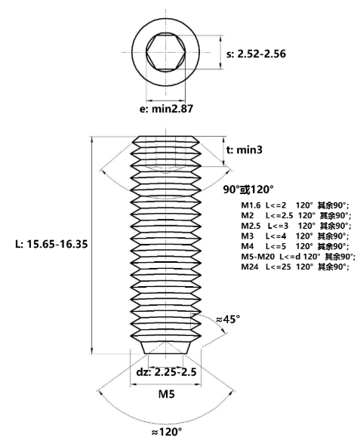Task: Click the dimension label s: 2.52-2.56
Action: (256, 54)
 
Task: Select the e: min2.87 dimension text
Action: (166, 109)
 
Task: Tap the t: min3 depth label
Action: (245, 150)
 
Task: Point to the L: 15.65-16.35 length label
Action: (51, 244)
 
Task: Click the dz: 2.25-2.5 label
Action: (166, 371)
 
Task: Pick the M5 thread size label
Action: (166, 394)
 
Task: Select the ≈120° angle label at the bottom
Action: (166, 432)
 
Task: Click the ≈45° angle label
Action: (228, 319)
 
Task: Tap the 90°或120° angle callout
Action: (248, 190)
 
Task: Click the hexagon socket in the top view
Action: (165, 52)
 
